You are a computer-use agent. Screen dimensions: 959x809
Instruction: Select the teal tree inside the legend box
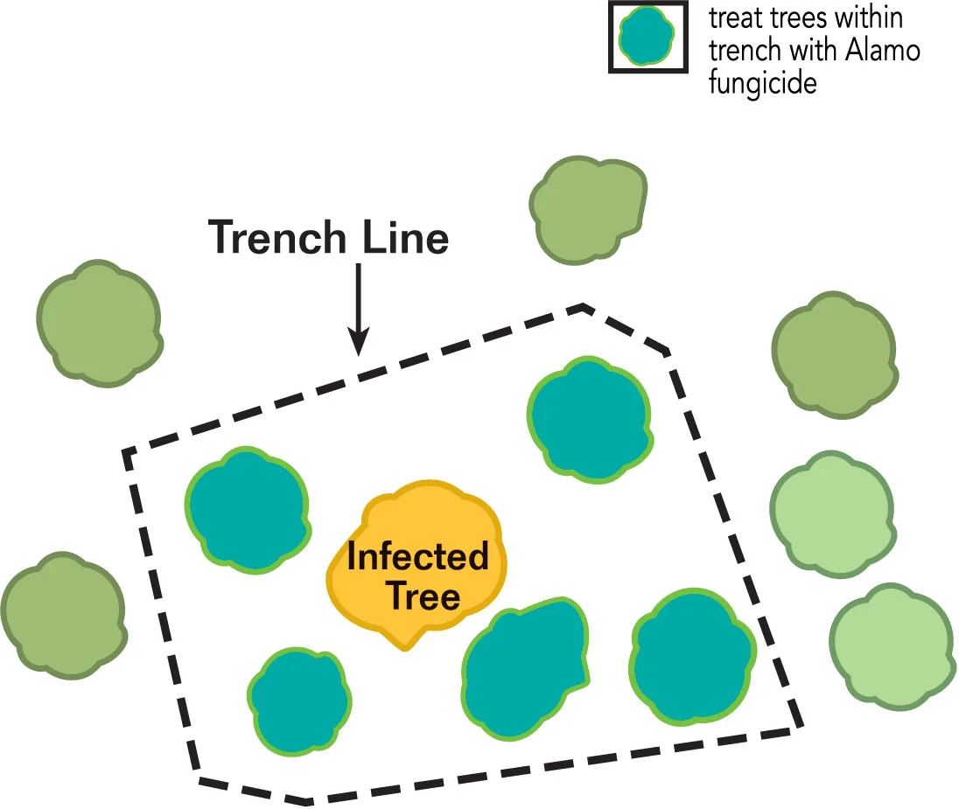646,36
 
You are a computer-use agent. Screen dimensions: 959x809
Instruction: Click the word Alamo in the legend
883,51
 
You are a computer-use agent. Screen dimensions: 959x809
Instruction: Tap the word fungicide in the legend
763,82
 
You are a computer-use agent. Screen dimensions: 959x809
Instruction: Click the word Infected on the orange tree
417,556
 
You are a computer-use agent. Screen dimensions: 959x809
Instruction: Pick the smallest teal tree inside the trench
299,701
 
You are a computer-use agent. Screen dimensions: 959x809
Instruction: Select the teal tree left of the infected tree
247,511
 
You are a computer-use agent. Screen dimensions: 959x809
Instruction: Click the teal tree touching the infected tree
525,667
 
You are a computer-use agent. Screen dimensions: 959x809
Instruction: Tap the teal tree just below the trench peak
590,420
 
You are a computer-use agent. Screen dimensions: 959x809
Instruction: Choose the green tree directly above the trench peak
588,211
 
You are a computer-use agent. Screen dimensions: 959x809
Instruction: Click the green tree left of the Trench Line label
100,324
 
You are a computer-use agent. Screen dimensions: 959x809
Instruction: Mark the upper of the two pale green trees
833,514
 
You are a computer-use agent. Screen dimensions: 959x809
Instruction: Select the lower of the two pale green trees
892,646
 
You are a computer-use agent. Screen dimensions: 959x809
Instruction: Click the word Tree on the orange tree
423,596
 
